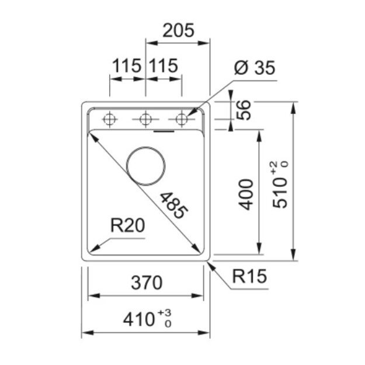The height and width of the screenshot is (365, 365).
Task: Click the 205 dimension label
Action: [x=178, y=30]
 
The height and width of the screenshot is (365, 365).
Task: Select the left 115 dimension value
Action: [x=127, y=65]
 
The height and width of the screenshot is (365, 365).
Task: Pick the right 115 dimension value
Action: [x=163, y=65]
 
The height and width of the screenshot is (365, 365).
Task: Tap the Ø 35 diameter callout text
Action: [x=255, y=68]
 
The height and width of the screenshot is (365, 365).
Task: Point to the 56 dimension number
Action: [x=244, y=110]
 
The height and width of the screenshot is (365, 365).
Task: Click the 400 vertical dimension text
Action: [x=246, y=194]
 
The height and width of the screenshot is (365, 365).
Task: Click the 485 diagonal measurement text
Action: [x=173, y=206]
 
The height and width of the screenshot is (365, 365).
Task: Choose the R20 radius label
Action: [x=127, y=225]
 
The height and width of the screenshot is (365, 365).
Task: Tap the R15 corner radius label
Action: [x=249, y=276]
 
